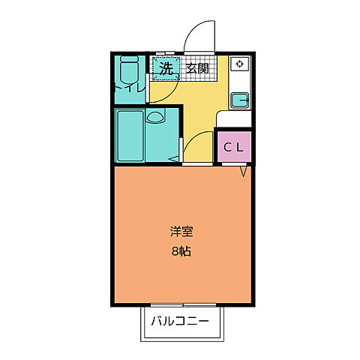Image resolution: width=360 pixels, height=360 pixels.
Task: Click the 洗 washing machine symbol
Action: (x=164, y=68)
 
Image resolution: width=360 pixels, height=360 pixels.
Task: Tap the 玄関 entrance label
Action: (x=197, y=68)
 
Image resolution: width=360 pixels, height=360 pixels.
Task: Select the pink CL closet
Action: (x=233, y=146)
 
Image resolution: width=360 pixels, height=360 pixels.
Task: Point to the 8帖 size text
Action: (x=180, y=251)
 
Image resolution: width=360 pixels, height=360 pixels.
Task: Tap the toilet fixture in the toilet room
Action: (x=129, y=71)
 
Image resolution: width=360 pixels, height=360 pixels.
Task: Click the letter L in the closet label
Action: (x=239, y=147)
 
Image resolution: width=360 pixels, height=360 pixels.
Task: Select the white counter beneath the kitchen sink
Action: (x=234, y=118)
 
